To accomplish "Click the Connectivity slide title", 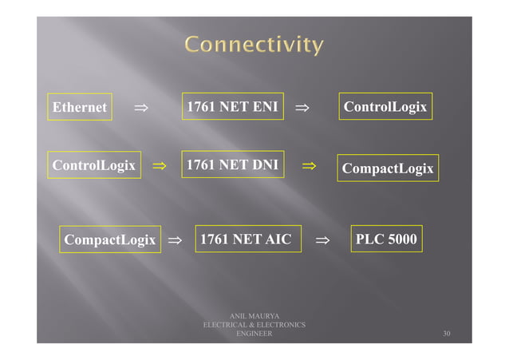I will pyautogui.click(x=254, y=45).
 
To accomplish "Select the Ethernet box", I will pyautogui.click(x=80, y=107).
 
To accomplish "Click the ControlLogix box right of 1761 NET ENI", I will pyautogui.click(x=385, y=107).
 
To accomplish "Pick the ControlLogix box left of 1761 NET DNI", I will pyautogui.click(x=94, y=166).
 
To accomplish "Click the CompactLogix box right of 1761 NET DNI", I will pyautogui.click(x=388, y=168).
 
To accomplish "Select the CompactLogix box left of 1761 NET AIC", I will pyautogui.click(x=110, y=239).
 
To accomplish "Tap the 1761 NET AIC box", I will pyautogui.click(x=247, y=239).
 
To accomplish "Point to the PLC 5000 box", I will pyautogui.click(x=386, y=239).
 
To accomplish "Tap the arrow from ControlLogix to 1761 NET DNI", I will pyautogui.click(x=160, y=167).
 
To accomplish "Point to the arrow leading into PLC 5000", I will pyautogui.click(x=322, y=239).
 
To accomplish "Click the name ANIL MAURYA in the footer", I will pyautogui.click(x=254, y=316).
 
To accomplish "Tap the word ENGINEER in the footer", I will pyautogui.click(x=254, y=334).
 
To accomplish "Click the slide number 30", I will pyautogui.click(x=447, y=334).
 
